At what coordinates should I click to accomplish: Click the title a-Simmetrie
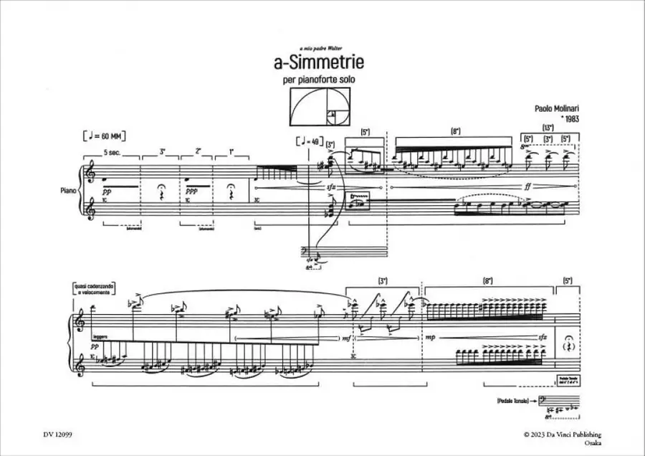pyautogui.click(x=319, y=63)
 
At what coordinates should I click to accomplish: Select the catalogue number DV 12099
pyautogui.click(x=57, y=434)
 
